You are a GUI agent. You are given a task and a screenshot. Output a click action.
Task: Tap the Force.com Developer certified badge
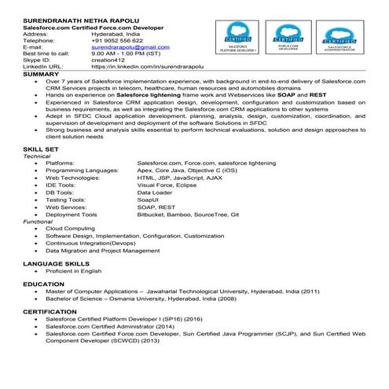(x=288, y=37)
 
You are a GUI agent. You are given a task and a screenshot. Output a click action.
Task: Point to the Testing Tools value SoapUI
(x=149, y=200)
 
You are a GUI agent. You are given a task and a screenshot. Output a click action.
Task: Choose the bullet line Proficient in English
(x=73, y=271)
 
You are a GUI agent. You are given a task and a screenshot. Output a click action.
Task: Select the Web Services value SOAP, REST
(x=156, y=207)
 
